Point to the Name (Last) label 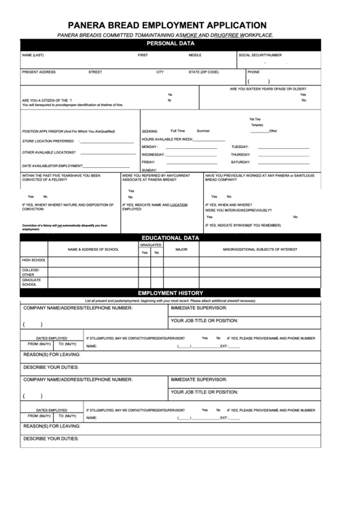pos(33,54)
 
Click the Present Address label pos(39,71)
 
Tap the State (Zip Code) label pos(204,71)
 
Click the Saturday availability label pos(242,162)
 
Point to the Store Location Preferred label pos(48,141)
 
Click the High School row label pos(34,260)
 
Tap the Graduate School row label pos(32,282)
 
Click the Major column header pos(181,249)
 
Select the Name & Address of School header pos(93,249)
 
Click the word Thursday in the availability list pos(242,154)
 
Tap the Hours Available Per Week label pos(168,138)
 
